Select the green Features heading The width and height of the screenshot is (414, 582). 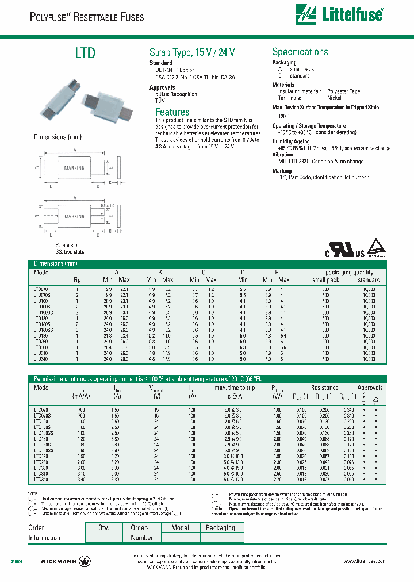(x=172, y=112)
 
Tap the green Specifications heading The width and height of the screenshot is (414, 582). (x=300, y=52)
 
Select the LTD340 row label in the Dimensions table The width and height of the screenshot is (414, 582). (x=41, y=358)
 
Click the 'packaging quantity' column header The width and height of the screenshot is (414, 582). (x=349, y=273)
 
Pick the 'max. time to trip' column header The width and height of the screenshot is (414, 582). (x=237, y=388)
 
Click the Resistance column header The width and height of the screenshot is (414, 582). (x=325, y=388)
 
